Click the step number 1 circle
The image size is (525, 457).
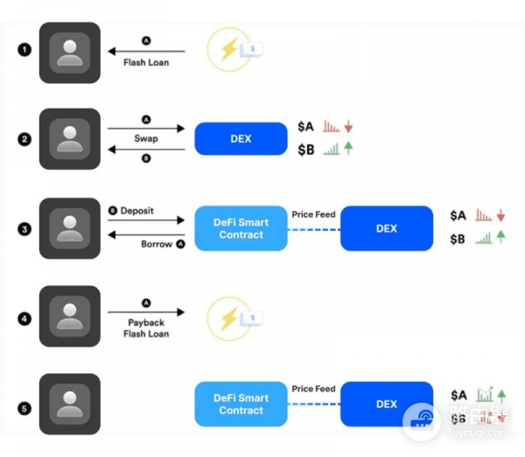(x=24, y=50)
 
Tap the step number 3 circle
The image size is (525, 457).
(x=24, y=229)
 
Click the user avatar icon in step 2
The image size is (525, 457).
(x=69, y=139)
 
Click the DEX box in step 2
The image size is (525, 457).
(x=241, y=139)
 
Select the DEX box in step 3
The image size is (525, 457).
(x=387, y=228)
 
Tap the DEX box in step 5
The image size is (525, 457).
(x=387, y=404)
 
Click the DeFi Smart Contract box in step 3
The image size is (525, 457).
(x=241, y=228)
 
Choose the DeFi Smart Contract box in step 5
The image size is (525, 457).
(x=241, y=404)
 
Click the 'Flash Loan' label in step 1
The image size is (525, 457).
(x=146, y=63)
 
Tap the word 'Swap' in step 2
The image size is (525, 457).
(x=146, y=139)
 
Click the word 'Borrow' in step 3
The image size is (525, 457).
(x=157, y=244)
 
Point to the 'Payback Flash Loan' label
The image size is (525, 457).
(x=146, y=328)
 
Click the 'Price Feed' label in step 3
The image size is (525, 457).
(x=313, y=213)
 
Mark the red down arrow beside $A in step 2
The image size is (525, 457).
(x=348, y=126)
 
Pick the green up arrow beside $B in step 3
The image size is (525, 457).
(x=501, y=237)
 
